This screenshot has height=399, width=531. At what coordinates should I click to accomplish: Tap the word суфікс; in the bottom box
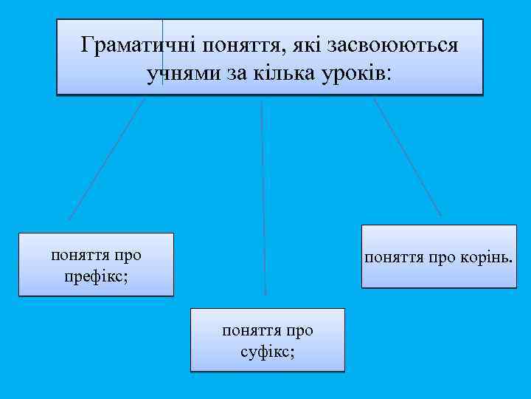(x=267, y=350)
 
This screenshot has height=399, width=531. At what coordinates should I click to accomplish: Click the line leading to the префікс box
(x=107, y=158)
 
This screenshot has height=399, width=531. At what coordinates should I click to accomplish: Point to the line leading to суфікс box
(x=263, y=199)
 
